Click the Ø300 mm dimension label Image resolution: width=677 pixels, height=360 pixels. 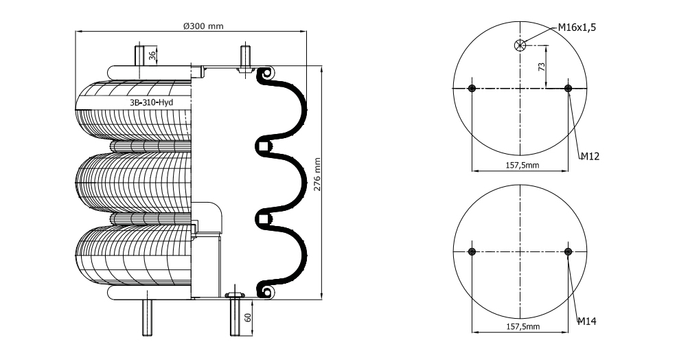(203, 26)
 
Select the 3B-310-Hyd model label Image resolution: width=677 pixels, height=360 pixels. (152, 102)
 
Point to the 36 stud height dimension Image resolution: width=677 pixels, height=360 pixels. (152, 56)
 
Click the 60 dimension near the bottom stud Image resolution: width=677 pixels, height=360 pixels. (248, 317)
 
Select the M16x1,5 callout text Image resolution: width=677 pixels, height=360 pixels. (577, 27)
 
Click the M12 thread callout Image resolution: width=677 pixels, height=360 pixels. (590, 156)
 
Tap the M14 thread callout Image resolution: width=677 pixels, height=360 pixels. (587, 321)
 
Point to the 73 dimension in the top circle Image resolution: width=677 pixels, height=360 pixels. (542, 67)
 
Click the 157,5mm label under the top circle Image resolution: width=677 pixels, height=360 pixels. (523, 165)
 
